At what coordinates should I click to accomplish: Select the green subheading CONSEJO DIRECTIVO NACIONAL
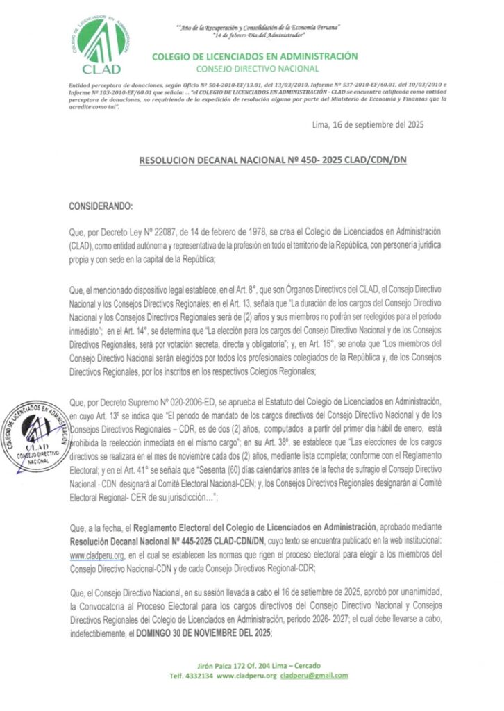click(257, 69)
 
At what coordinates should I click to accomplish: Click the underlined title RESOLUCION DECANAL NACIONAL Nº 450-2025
click(272, 160)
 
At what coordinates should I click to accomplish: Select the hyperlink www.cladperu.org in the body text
click(96, 555)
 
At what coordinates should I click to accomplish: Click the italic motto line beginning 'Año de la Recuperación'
click(258, 26)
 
